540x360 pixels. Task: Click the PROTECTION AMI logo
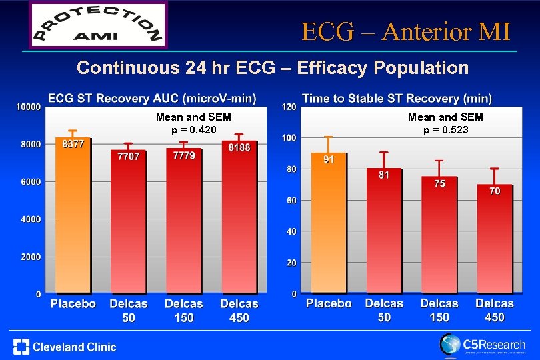click(98, 25)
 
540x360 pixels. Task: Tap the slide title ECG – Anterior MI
click(405, 31)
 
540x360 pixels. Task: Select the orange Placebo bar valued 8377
click(73, 217)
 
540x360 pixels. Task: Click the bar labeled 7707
click(128, 223)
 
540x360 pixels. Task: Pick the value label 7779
click(183, 155)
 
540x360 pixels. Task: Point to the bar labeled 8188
click(239, 220)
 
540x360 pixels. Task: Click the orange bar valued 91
click(329, 223)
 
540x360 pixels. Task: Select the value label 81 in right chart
click(384, 175)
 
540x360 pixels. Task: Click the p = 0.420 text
click(193, 129)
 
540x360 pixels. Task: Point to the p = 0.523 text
click(445, 129)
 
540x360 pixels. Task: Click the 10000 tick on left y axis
click(28, 107)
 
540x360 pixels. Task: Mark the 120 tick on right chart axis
click(289, 107)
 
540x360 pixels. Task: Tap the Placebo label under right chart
click(329, 303)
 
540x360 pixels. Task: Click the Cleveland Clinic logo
click(65, 347)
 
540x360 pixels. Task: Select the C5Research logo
click(482, 345)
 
